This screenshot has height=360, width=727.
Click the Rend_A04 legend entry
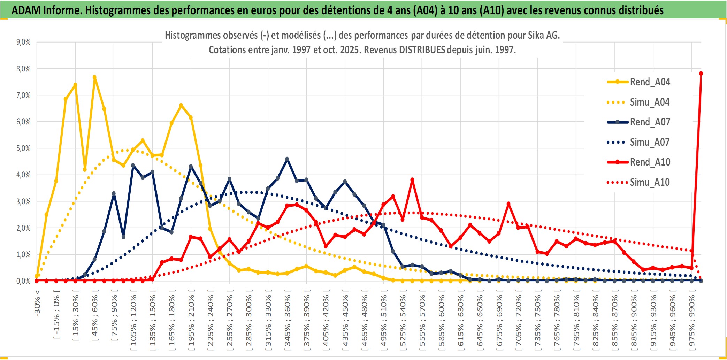(650, 82)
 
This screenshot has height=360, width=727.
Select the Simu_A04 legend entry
(650, 102)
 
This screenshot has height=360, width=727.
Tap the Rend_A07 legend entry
(650, 122)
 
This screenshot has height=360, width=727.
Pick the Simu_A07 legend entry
(650, 142)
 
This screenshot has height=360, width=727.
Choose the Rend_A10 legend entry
(650, 162)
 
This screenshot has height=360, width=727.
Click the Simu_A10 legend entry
(650, 182)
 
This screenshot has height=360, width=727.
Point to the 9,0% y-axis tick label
(23, 42)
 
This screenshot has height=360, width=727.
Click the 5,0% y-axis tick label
(23, 148)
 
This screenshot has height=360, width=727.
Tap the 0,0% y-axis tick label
(23, 281)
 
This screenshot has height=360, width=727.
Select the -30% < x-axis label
(37, 303)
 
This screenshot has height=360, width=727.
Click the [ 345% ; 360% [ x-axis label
(288, 321)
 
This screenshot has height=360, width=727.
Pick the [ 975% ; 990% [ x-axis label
(692, 321)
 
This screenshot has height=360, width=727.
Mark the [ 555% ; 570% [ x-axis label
(422, 321)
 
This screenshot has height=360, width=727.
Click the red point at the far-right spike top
(701, 74)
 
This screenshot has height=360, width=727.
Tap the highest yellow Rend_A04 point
(94, 77)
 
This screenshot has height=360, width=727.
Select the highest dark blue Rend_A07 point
(287, 159)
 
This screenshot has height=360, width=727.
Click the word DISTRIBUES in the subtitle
(422, 50)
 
